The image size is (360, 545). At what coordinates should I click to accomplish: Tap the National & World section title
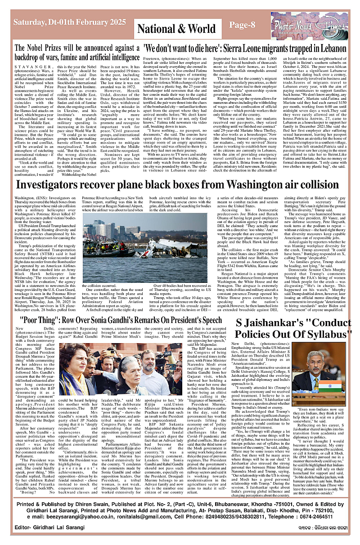176,29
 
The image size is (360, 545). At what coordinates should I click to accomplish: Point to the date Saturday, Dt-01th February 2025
70,22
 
